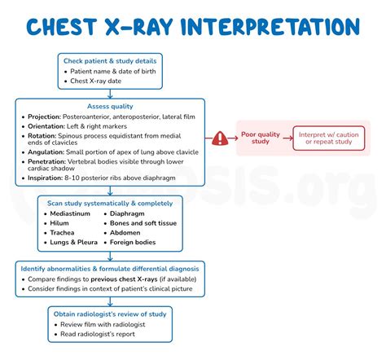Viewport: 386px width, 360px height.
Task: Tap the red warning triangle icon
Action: [x=221, y=138]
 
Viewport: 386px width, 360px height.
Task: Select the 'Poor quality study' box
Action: [x=261, y=138]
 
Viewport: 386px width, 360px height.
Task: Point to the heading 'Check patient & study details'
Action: [x=111, y=60]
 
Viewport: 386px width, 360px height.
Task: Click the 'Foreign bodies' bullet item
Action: [x=134, y=242]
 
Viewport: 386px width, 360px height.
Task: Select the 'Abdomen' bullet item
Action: [x=125, y=232]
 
